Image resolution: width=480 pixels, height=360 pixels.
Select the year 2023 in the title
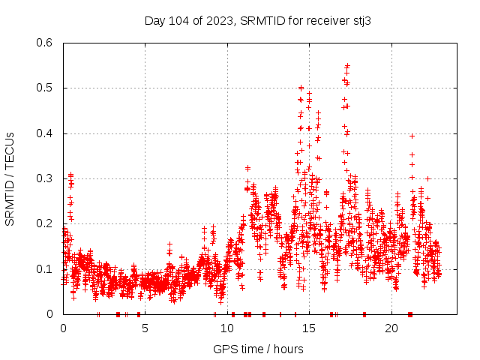click(219, 21)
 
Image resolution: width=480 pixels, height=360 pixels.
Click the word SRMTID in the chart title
click(260, 21)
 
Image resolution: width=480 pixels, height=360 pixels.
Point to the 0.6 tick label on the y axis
click(46, 43)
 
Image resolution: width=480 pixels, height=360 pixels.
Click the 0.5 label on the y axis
click(46, 88)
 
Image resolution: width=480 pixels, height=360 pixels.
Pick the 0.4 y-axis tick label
click(46, 133)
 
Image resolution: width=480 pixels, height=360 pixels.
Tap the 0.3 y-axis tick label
click(46, 178)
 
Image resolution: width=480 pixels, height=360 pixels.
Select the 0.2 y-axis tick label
click(46, 223)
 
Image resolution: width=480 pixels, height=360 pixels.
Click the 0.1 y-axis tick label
click(46, 269)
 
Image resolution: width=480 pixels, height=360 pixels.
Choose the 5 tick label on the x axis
click(145, 328)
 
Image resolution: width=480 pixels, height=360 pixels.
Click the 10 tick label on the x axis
click(227, 328)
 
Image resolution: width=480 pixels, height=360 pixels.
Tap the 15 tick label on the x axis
click(310, 328)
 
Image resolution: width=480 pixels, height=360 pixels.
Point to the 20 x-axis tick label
click(391, 328)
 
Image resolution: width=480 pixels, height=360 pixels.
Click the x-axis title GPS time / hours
click(258, 349)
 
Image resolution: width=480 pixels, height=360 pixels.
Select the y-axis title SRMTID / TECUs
click(10, 178)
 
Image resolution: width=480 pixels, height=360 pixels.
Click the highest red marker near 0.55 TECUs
click(347, 65)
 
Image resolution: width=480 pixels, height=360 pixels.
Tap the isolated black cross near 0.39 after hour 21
click(412, 136)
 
